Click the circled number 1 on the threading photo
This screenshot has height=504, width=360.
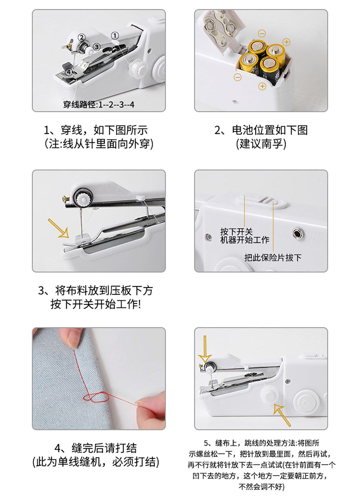point(115,36)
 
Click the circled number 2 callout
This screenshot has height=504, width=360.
point(81,37)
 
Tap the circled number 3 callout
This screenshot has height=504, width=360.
point(96,47)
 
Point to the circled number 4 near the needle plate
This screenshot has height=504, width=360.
point(69,72)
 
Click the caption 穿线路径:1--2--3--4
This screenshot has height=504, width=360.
point(99,105)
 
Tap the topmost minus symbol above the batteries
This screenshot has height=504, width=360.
point(262,33)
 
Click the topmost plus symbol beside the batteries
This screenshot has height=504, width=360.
point(286,42)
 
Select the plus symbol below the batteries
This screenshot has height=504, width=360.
point(262,86)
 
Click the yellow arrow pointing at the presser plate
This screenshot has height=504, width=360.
point(58,228)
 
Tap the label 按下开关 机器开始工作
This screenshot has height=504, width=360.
point(244,236)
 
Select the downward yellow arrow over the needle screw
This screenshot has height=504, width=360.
point(205,349)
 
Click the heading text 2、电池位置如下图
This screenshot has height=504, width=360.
point(261,130)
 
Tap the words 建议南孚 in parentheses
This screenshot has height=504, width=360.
point(261,144)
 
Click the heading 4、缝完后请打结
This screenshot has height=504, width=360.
point(96,448)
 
